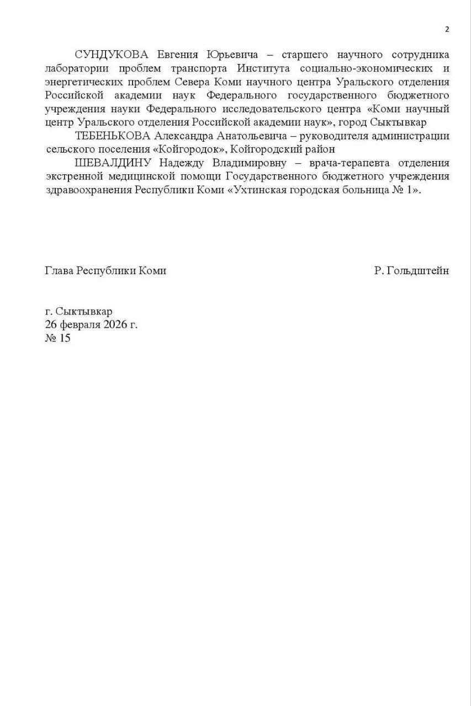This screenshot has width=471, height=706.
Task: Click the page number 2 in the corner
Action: [x=447, y=30]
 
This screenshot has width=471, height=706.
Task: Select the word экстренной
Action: [x=72, y=176]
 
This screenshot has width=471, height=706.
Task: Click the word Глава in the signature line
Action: [x=59, y=271]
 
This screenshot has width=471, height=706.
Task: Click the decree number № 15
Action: [x=57, y=338]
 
